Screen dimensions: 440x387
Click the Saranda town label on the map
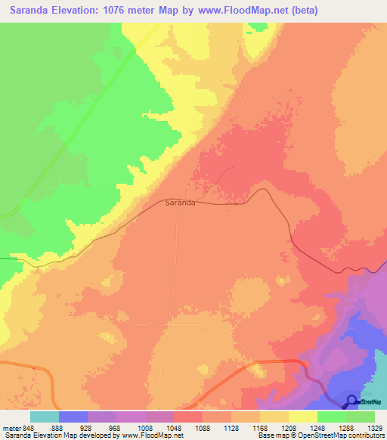pos(181,203)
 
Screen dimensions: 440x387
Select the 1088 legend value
pos(203,428)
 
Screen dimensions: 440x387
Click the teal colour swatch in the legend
pos(45,417)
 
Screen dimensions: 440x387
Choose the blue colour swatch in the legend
pos(73,417)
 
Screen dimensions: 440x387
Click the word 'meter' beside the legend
pos(12,428)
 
